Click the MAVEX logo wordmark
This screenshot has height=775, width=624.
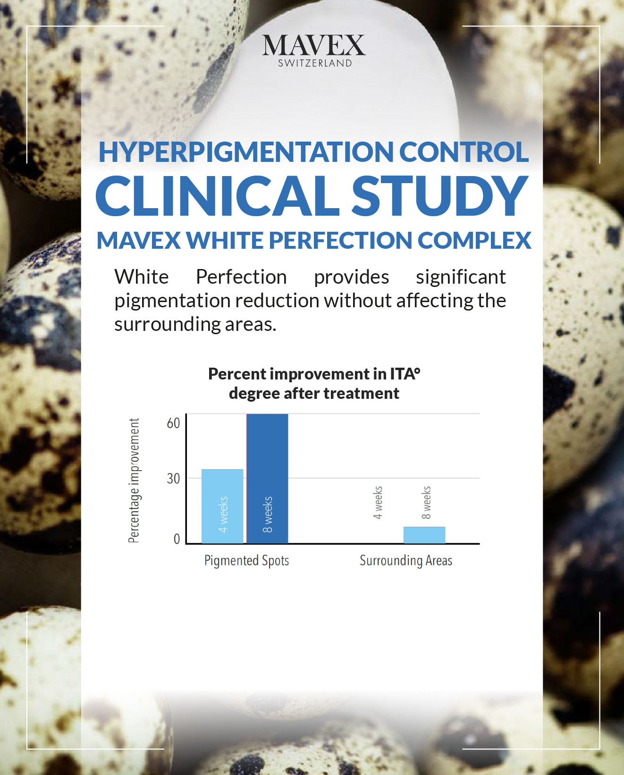coord(313,45)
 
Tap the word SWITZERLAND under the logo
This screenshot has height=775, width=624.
coord(315,63)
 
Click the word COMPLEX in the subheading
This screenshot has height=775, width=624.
coord(474,240)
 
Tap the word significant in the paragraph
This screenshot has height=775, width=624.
coord(461,278)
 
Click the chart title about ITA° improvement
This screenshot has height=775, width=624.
coord(314,384)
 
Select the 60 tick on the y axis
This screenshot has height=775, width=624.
coord(173,423)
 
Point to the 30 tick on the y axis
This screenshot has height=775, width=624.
coord(173,479)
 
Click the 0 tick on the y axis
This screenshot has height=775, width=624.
coord(177,539)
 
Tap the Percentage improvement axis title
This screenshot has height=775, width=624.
coord(134,481)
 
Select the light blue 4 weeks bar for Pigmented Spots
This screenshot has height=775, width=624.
coord(222,506)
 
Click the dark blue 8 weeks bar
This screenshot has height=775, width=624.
coord(267,479)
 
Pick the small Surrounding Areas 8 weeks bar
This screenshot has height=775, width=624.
coord(424,535)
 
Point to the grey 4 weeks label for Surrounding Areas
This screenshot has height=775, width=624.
coord(378,502)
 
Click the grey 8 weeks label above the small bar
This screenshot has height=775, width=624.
coord(426,502)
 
